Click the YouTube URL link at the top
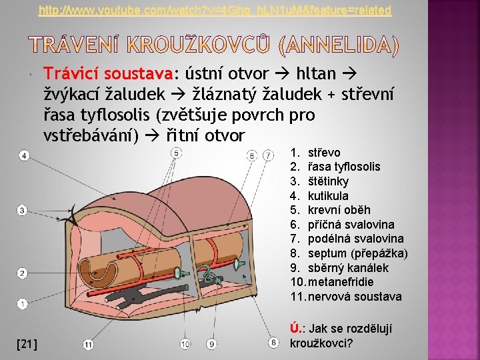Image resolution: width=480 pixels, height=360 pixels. click(x=215, y=11)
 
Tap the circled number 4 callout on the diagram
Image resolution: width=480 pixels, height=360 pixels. click(x=23, y=156)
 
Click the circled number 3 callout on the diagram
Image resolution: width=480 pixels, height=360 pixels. click(x=22, y=211)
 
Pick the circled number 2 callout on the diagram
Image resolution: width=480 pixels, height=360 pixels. click(x=22, y=273)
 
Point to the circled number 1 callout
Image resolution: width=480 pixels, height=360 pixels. click(x=22, y=304)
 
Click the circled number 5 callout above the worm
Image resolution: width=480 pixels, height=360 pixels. click(x=176, y=153)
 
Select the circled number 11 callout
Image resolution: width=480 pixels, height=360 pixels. click(x=88, y=344)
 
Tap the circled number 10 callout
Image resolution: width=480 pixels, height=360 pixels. click(x=185, y=344)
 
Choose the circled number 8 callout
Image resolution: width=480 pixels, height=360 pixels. click(x=273, y=343)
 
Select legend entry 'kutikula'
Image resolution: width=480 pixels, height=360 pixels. click(x=328, y=196)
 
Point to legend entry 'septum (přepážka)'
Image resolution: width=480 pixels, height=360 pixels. click(x=357, y=253)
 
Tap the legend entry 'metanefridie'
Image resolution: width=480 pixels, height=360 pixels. click(x=340, y=282)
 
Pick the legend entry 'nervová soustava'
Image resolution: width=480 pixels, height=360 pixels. click(x=355, y=297)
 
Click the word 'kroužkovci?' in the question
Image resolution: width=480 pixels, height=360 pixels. click(x=321, y=343)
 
